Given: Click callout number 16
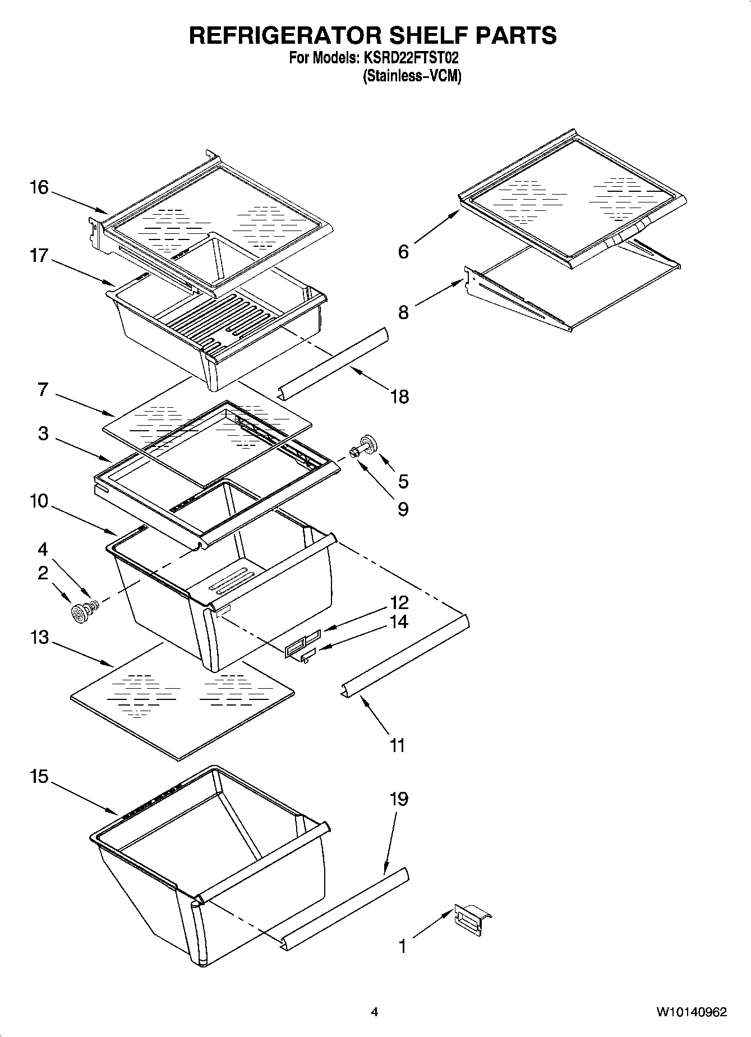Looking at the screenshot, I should (39, 187).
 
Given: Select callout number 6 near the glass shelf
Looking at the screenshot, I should (403, 252).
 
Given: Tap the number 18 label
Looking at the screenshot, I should (399, 397).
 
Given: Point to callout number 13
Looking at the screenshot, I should (39, 638).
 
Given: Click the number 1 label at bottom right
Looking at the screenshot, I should (402, 947).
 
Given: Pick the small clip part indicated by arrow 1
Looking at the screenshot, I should (471, 920).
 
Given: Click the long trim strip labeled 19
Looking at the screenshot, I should (345, 909).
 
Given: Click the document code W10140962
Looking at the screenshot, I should (692, 1012).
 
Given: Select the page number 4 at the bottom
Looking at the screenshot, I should (374, 1012).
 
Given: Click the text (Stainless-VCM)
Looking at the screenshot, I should (412, 76).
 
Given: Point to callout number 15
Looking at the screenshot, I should (39, 777).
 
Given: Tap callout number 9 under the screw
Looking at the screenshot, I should (403, 509).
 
